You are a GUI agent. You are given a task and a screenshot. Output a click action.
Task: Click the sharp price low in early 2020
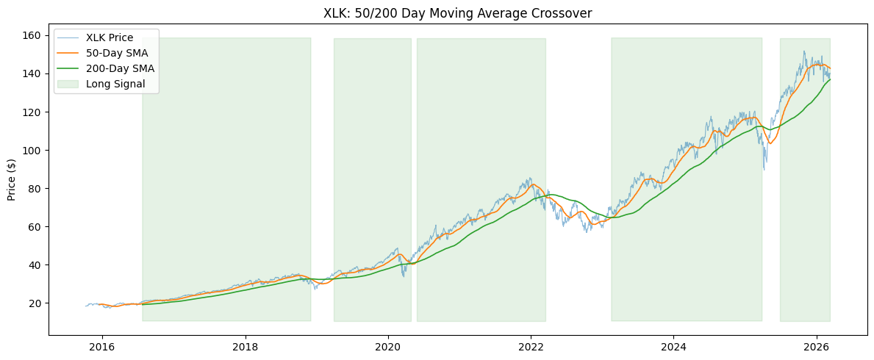(x=403, y=276)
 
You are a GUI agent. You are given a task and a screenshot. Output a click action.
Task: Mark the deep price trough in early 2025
(x=764, y=170)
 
